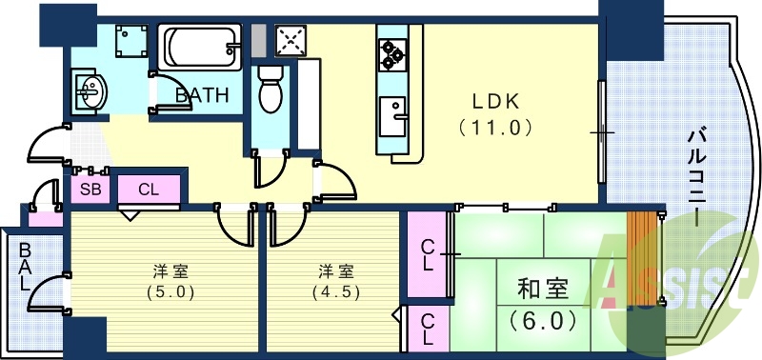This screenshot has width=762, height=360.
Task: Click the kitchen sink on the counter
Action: [392, 118]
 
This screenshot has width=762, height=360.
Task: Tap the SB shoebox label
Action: [90, 189]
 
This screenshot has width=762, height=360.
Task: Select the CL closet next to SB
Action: [149, 189]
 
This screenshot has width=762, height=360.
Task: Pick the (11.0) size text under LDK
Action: [492, 127]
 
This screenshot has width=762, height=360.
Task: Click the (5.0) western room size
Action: [164, 292]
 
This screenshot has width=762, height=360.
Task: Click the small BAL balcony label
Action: [24, 269]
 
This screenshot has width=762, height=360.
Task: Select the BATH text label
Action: [202, 95]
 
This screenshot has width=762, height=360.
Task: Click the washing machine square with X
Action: [289, 41]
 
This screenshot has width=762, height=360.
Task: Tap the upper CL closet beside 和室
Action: [428, 253]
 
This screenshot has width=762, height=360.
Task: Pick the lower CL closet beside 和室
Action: [428, 329]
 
